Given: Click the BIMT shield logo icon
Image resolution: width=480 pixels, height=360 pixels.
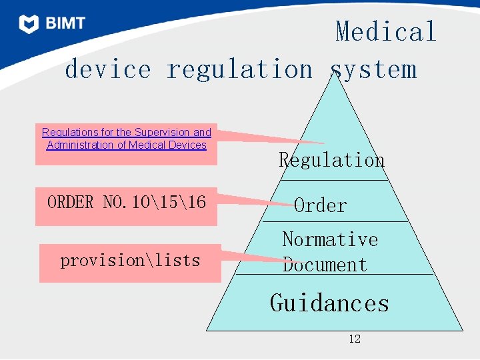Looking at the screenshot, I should [x=29, y=24].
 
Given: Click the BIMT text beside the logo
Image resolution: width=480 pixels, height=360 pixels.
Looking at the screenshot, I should [x=65, y=24].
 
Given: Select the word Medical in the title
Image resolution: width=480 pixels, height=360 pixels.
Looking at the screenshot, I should [x=386, y=32].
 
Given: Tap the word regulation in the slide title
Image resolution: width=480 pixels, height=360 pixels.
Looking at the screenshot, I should [x=239, y=69].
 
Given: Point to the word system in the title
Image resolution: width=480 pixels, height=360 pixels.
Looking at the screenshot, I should [x=373, y=69].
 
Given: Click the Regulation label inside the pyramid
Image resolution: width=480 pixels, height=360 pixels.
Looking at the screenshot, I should [x=331, y=160].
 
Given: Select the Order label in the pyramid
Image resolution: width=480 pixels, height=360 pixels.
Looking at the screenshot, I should [x=320, y=205].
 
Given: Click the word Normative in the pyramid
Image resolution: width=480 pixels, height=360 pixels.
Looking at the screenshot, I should [x=330, y=239].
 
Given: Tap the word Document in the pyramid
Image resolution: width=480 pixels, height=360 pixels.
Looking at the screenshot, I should [x=325, y=265].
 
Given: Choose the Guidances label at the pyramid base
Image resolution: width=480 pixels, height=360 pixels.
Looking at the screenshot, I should [x=329, y=303].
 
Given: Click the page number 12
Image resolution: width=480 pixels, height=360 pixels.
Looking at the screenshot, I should [x=355, y=339].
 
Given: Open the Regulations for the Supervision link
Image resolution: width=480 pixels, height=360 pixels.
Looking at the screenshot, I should [x=126, y=133].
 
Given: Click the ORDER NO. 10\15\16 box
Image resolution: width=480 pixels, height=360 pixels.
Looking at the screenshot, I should [x=126, y=202].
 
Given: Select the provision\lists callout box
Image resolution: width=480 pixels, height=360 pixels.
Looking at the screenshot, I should [x=130, y=261].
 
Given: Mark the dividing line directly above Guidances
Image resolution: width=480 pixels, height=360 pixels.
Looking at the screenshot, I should [x=335, y=274].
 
